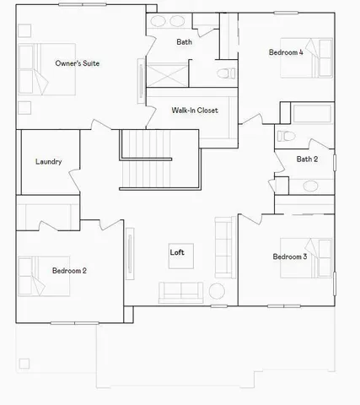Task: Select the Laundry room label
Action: tap(48, 162)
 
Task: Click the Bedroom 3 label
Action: tap(289, 256)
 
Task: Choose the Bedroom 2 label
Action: tap(69, 271)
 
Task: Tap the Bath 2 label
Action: tap(307, 159)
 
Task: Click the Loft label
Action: tap(177, 252)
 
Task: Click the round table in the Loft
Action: tap(216, 292)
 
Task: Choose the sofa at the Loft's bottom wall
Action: tap(180, 292)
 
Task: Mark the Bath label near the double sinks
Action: tap(184, 42)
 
